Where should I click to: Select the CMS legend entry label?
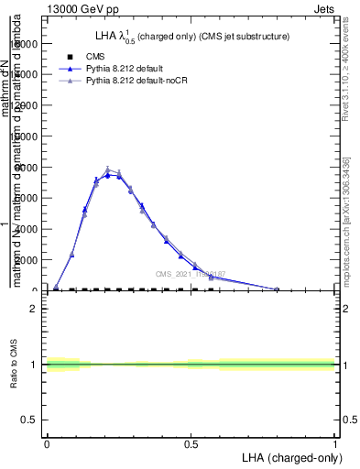[x=95, y=56]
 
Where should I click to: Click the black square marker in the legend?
[x=71, y=56]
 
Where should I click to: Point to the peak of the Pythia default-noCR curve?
[x=107, y=169]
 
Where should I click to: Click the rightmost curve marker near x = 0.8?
[x=277, y=289]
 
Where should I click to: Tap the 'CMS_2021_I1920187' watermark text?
[x=190, y=274]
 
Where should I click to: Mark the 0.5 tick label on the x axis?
[x=191, y=443]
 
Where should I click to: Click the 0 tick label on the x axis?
[x=47, y=443]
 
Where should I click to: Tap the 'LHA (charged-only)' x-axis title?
[x=289, y=456]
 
